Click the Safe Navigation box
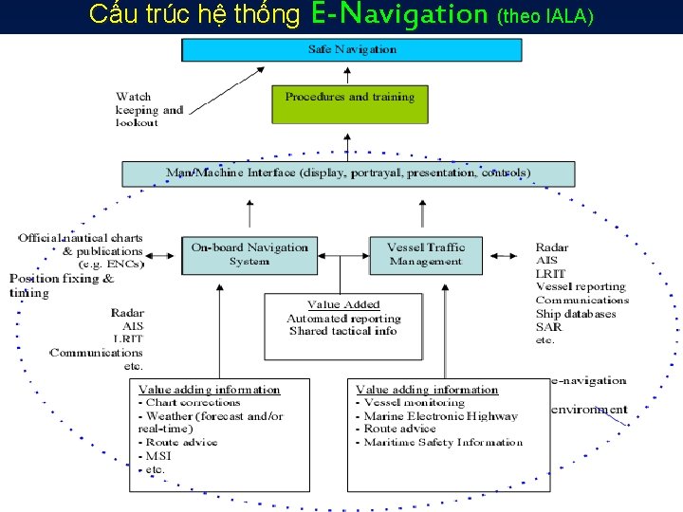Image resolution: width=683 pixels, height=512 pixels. pyautogui.click(x=353, y=49)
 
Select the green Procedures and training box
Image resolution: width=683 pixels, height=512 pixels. pyautogui.click(x=350, y=103)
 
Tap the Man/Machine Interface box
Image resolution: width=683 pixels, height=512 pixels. pyautogui.click(x=348, y=174)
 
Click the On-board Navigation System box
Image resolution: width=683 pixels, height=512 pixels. pyautogui.click(x=249, y=254)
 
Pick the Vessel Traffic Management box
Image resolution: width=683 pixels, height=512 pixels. pyautogui.click(x=426, y=254)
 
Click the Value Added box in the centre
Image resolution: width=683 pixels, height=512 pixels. pyautogui.click(x=343, y=324)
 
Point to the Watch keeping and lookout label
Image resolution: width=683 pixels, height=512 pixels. pyautogui.click(x=149, y=109)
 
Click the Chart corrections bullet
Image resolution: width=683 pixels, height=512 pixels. pyautogui.click(x=189, y=403)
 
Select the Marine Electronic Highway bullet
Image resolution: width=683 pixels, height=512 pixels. pyautogui.click(x=441, y=416)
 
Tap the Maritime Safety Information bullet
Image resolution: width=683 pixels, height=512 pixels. pyautogui.click(x=443, y=442)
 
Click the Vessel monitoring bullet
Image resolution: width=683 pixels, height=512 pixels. pyautogui.click(x=415, y=403)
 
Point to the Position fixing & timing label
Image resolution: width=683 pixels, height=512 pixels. pyautogui.click(x=62, y=285)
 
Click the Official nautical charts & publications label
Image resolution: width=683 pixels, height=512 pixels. pyautogui.click(x=81, y=250)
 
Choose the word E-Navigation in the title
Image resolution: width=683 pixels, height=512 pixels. pyautogui.click(x=398, y=15)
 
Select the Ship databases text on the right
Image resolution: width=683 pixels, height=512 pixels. pyautogui.click(x=576, y=314)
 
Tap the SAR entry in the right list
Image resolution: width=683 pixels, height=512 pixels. pyautogui.click(x=547, y=327)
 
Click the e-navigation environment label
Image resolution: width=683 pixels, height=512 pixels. pyautogui.click(x=588, y=395)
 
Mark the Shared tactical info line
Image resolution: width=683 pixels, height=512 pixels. pyautogui.click(x=343, y=332)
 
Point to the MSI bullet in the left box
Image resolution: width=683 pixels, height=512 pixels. pyautogui.click(x=157, y=456)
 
